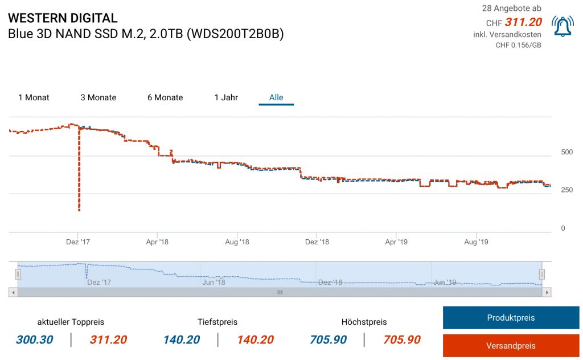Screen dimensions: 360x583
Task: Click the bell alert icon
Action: pos(563,26)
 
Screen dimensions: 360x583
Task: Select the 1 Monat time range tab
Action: pos(34,97)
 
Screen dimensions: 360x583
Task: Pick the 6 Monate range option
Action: pos(165,97)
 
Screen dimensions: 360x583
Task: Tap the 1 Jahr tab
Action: pos(226,97)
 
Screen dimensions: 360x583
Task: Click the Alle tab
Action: pos(276,97)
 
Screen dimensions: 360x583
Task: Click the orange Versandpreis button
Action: pos(511,346)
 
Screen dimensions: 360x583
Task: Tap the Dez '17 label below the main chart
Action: pos(77,242)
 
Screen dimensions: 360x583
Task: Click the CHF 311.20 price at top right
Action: pos(523,23)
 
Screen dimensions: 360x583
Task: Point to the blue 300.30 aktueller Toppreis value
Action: pos(34,340)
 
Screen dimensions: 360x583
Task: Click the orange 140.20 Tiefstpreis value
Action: pos(255,340)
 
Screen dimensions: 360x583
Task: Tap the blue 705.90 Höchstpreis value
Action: pos(329,340)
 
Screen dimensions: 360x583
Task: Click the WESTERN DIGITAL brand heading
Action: pos(63,18)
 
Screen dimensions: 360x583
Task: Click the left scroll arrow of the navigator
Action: pos(13,292)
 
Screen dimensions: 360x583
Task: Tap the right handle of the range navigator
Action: pos(542,275)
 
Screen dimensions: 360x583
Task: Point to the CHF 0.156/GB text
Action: pos(518,45)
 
